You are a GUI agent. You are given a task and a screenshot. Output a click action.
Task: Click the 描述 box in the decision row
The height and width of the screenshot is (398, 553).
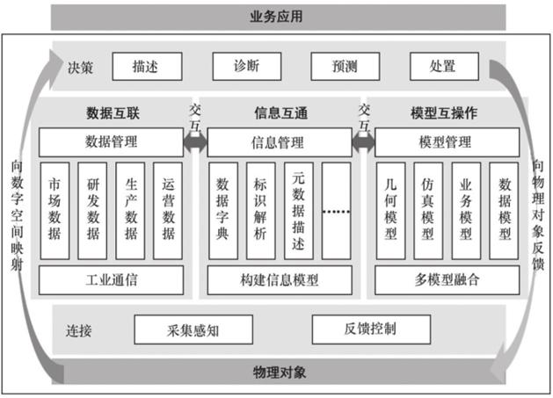pos(147,66)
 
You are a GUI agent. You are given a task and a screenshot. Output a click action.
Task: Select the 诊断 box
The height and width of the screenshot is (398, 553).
pos(247,66)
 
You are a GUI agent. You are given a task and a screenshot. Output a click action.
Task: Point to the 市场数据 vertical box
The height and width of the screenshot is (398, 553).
pos(55,210)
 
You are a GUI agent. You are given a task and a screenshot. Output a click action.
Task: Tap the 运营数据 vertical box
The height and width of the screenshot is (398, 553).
pos(169,210)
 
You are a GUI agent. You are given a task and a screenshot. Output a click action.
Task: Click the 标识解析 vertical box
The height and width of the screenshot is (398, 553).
pos(261,210)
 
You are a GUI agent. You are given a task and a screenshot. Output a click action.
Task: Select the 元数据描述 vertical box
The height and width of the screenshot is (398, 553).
pos(298,210)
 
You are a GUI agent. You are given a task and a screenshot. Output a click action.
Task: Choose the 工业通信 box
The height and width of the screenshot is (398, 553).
pos(111,280)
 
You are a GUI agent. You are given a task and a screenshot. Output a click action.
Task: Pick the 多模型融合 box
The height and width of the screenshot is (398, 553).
pos(447,280)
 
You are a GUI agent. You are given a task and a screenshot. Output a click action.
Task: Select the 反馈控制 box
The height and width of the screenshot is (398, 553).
pos(370,329)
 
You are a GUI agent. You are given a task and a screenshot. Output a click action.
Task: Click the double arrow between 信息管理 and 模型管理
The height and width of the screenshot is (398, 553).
pos(363,141)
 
